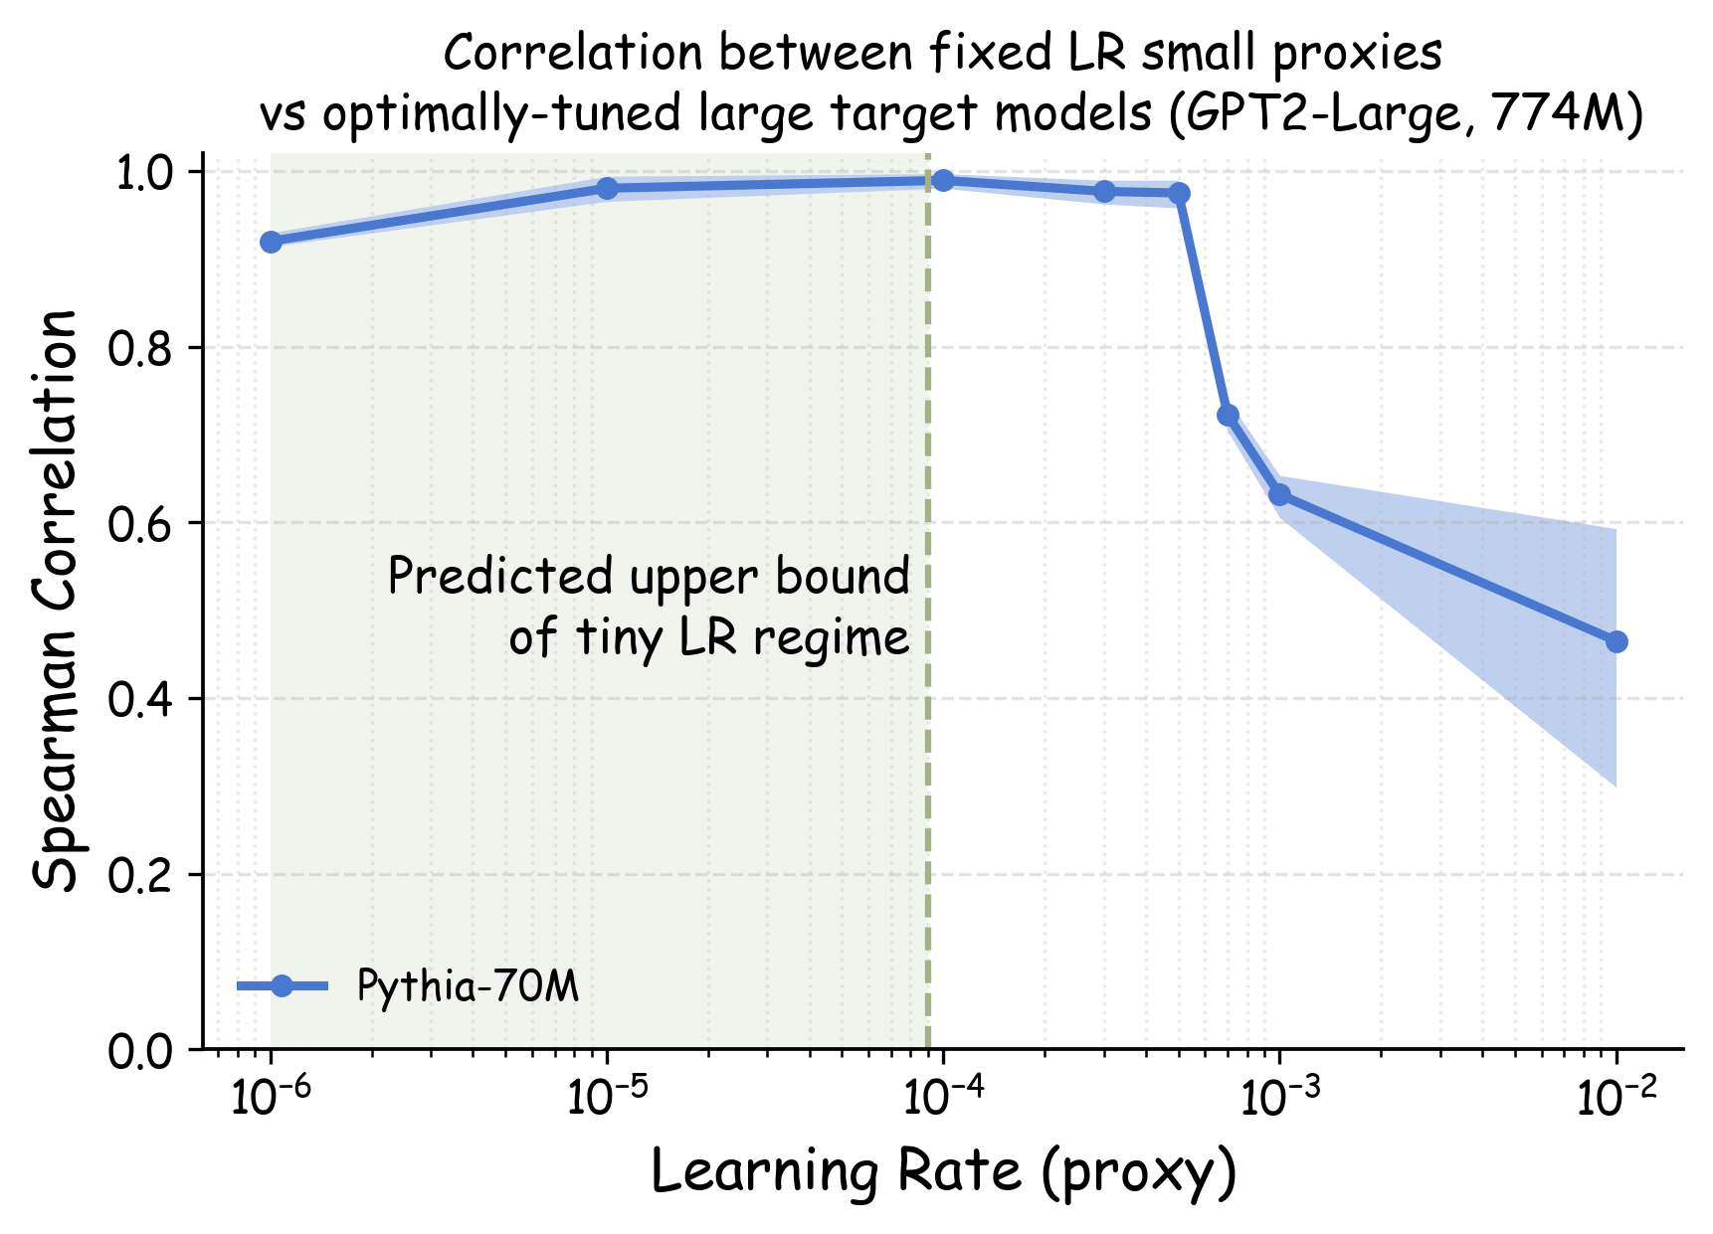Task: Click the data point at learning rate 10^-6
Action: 271,242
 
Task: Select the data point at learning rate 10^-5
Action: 608,188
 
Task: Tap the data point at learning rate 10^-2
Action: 1617,641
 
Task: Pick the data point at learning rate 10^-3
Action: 1280,494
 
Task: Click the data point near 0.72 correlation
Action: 1228,415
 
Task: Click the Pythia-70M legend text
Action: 468,986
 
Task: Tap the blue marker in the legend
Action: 283,985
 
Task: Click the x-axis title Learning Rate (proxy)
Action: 943,1172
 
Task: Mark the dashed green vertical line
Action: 928,795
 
